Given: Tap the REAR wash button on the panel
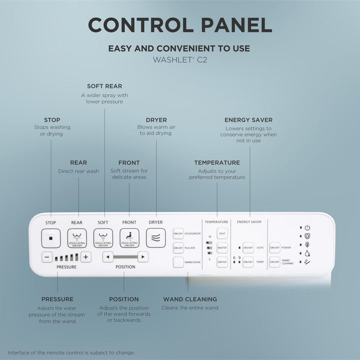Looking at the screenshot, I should [x=77, y=238].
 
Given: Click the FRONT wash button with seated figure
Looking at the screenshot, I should [x=129, y=238].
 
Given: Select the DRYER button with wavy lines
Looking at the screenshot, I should [x=155, y=238].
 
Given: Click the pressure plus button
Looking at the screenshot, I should [x=86, y=257].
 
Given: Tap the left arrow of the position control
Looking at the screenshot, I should [x=107, y=257].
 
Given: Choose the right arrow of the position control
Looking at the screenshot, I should [x=143, y=257].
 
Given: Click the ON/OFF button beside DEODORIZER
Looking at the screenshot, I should [x=178, y=233].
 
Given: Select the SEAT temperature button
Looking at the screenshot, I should [x=222, y=233].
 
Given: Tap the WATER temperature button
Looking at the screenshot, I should [x=222, y=247].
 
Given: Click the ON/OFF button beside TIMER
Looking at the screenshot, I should [x=248, y=261].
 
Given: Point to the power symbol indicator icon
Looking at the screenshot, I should [x=307, y=227].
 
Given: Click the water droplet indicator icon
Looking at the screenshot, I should [x=307, y=253].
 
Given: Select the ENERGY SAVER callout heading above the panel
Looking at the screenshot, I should [x=248, y=120].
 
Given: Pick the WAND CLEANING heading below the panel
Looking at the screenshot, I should [x=190, y=299].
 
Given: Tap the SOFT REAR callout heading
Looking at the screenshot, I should [x=104, y=86].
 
